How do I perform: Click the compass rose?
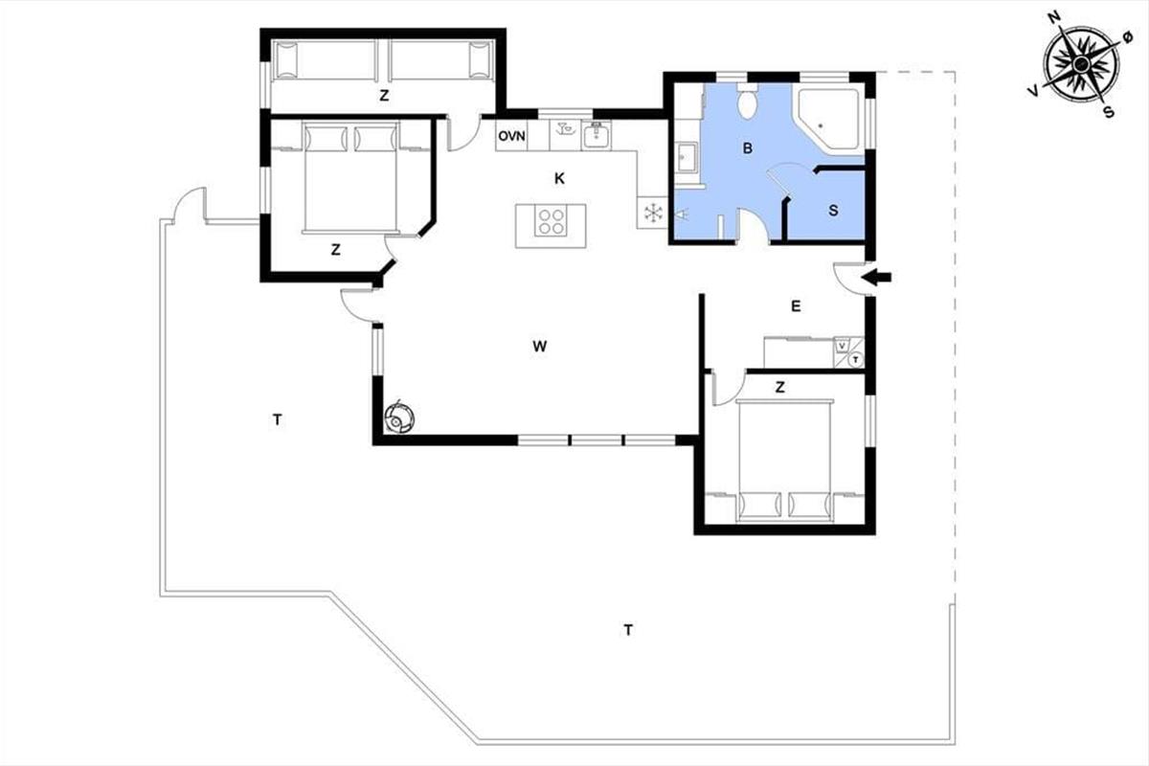(x=1081, y=64)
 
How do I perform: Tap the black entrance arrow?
(x=876, y=278)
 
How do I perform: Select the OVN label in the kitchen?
(x=511, y=136)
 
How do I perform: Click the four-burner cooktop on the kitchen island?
(x=551, y=221)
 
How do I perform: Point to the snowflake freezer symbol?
(x=653, y=213)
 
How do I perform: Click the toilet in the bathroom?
(x=748, y=100)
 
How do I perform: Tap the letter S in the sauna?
(x=834, y=211)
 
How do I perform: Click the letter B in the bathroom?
(x=748, y=148)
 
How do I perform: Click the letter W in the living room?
(x=539, y=347)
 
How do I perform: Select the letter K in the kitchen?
(x=559, y=178)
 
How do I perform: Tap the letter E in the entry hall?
(x=796, y=306)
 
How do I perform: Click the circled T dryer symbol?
(x=855, y=360)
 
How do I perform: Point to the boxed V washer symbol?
(x=842, y=346)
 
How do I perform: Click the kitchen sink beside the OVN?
(x=596, y=135)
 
